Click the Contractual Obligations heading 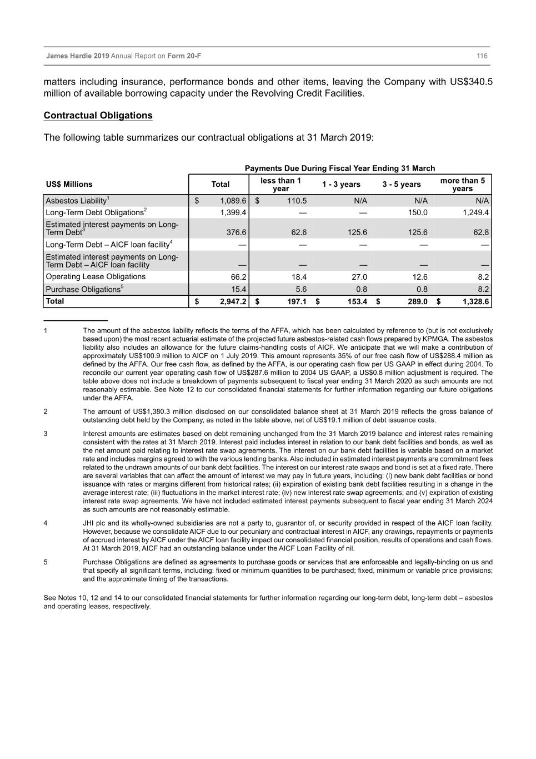point(98,116)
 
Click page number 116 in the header point(482,56)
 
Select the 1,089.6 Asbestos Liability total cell point(233,201)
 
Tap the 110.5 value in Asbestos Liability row point(297,201)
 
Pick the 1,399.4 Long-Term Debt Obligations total point(233,212)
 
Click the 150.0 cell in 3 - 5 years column point(418,212)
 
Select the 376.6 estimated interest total point(236,232)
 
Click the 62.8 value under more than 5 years point(481,232)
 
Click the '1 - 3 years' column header point(341,185)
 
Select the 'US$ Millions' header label point(69,185)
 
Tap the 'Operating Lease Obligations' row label point(96,277)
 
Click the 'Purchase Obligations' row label point(83,289)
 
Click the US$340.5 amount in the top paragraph point(471,82)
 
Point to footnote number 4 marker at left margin point(46,523)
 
